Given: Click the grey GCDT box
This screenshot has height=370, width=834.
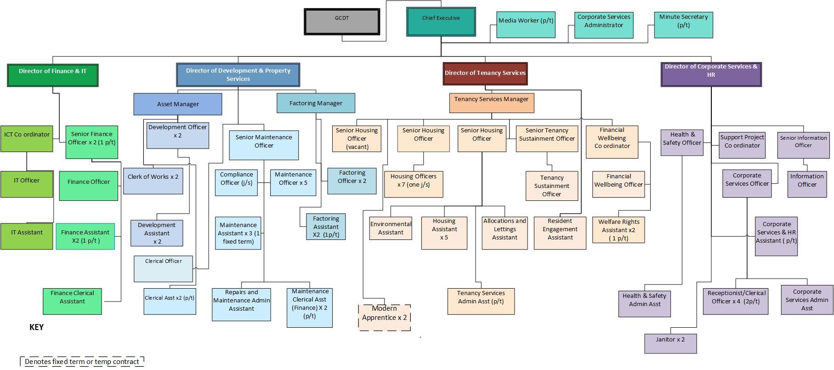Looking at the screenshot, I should point(342,22).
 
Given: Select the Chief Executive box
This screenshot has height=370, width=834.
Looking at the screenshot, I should point(441,22).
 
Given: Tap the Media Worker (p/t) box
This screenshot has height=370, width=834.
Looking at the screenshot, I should point(526,25).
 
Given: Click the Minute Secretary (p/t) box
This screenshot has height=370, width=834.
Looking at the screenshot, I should point(683,25).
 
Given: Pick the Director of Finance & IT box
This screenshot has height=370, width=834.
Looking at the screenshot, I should point(52,75).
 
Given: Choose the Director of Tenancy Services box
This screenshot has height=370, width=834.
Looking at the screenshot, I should point(485,74).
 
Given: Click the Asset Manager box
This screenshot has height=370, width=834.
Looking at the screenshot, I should point(177,104).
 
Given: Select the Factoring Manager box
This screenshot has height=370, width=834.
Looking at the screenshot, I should point(316,103).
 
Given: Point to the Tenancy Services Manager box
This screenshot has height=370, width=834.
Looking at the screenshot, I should point(491,103).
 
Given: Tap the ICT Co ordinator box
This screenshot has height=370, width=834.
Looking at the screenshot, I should point(27,138).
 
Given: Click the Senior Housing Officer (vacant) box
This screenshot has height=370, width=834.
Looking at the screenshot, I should point(357,138).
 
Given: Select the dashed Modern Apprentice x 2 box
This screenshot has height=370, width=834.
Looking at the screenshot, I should point(385,317).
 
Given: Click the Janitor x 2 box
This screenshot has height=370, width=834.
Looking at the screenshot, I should point(670,343).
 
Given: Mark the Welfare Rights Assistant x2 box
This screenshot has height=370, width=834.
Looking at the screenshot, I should point(618,230).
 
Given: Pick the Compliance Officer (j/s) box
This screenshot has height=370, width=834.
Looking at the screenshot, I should point(236,182).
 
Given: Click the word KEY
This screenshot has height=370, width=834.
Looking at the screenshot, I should point(36,327).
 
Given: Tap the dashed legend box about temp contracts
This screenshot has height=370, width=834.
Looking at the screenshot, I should point(82,362).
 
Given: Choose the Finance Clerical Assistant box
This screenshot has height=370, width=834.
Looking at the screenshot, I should point(72,301).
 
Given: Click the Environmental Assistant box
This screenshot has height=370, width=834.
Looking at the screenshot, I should point(391,228).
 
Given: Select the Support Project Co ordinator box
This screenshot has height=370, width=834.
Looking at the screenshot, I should point(742,145).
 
